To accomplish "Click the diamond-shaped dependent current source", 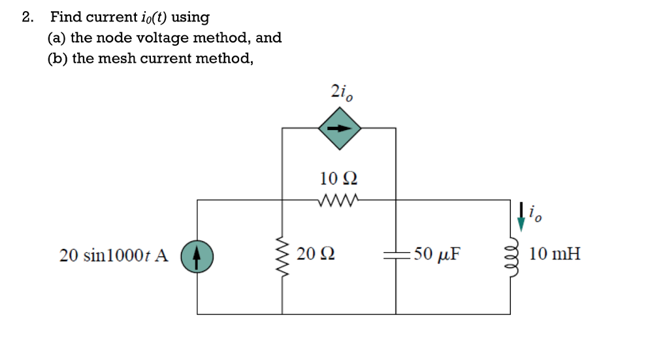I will (x=339, y=128).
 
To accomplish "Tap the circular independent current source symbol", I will (x=197, y=255).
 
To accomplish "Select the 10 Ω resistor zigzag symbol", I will (x=339, y=200).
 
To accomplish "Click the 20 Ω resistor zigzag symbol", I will (x=283, y=255).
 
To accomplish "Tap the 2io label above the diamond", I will (x=341, y=93).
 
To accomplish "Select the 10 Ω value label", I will (x=339, y=178).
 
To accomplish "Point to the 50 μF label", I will (x=435, y=254).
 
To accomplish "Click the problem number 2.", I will (x=26, y=17).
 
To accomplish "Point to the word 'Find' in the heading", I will (x=65, y=17).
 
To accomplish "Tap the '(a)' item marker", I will (x=57, y=38).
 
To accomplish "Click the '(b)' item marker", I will (x=57, y=59).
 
